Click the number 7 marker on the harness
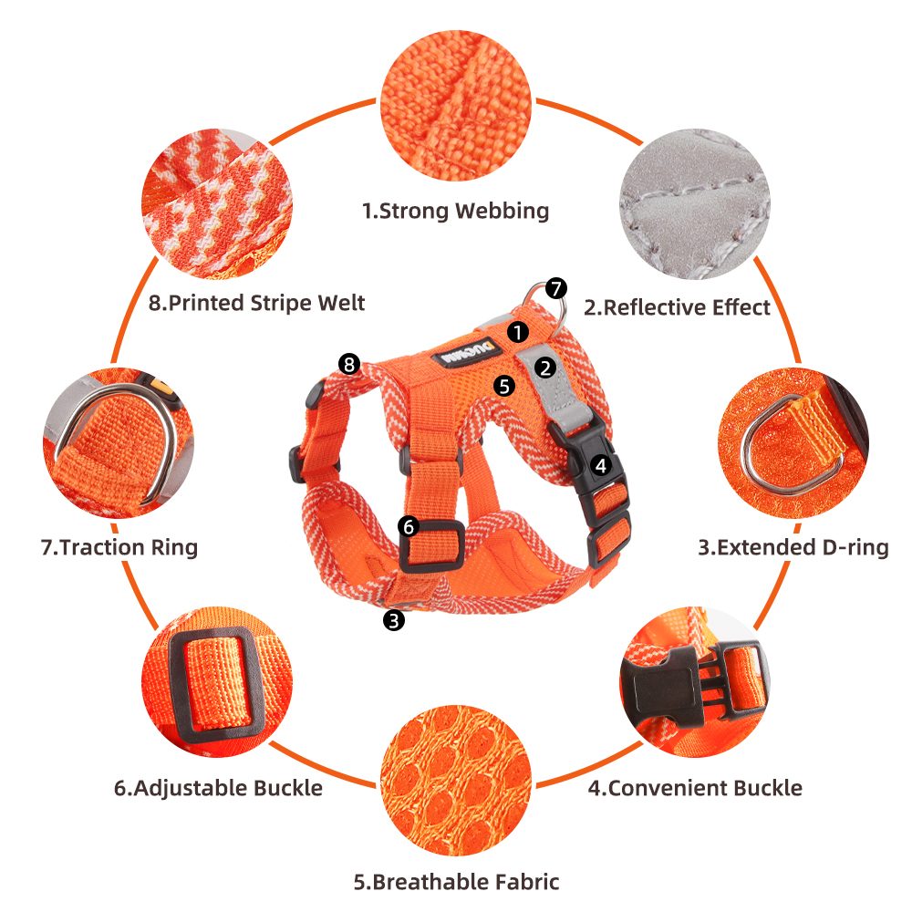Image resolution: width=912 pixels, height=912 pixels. [x=556, y=288]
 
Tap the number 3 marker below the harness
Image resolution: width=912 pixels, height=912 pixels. [x=394, y=620]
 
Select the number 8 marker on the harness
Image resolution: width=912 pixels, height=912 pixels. [x=349, y=365]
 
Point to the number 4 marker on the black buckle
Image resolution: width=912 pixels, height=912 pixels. [x=601, y=465]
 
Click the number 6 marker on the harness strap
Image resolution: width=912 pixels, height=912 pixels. [x=409, y=527]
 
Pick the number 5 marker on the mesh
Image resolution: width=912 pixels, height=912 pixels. [x=504, y=386]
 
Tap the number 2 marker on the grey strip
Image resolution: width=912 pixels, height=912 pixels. [x=545, y=368]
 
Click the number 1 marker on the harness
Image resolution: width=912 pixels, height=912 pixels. [x=518, y=332]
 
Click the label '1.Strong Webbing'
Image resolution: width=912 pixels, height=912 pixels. [x=455, y=212]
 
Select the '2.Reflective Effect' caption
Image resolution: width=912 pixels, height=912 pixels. [x=677, y=307]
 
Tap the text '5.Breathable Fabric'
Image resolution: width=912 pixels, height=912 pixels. [x=457, y=882]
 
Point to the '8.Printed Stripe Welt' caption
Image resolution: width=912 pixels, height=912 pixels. [x=256, y=303]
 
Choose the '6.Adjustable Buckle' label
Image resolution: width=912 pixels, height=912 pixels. [x=218, y=788]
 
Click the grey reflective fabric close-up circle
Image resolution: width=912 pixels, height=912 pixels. [x=694, y=204]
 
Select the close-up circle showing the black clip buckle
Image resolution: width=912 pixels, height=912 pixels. [x=694, y=681]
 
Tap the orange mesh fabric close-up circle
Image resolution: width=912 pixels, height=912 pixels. [x=456, y=780]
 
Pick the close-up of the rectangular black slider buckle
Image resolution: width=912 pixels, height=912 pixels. [x=217, y=681]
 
